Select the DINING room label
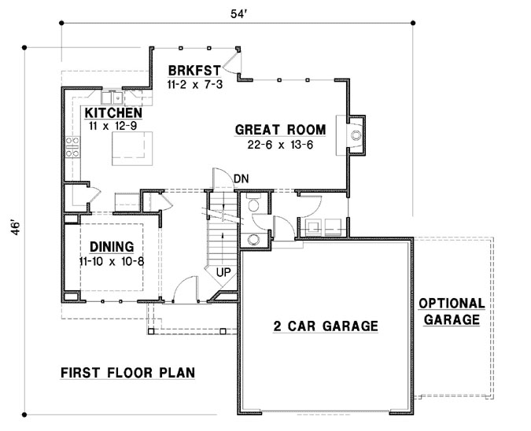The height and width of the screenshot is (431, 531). coord(111,245)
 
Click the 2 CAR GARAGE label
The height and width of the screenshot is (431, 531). coord(326,326)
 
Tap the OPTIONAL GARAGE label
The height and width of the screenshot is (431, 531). coord(451,311)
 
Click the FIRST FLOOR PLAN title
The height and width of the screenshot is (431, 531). coord(127,372)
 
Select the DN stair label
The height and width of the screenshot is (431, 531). coord(241,179)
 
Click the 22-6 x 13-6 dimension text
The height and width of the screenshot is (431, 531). coord(268,145)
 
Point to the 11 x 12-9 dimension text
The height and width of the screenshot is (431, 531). coord(112,126)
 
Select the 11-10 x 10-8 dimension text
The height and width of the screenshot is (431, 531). coord(111,260)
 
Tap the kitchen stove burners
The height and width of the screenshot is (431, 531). coord(72,147)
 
